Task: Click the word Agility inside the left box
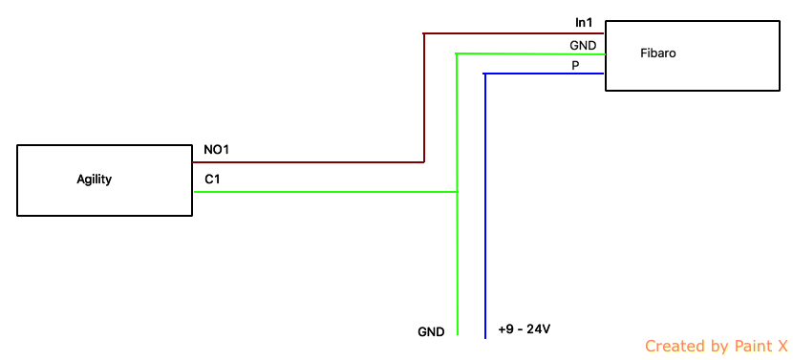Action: [x=94, y=180]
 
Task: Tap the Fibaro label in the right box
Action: [x=658, y=53]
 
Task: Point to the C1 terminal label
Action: [x=212, y=179]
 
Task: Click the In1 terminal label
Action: [x=585, y=22]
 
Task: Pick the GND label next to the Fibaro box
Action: [x=583, y=46]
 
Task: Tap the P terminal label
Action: [x=575, y=66]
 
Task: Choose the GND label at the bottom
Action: [x=431, y=332]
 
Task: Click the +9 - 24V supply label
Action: [x=524, y=329]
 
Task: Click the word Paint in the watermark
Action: [x=749, y=346]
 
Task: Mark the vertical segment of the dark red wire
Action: [x=424, y=97]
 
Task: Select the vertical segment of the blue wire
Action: [x=484, y=206]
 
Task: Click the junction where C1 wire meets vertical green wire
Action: [x=458, y=192]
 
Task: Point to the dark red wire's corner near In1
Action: [x=424, y=33]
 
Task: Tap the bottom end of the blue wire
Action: [x=484, y=339]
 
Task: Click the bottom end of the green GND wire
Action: [x=458, y=335]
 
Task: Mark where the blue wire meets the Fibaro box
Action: [x=605, y=74]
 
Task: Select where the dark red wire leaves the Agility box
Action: [x=193, y=162]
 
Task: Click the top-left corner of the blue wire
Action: [x=484, y=74]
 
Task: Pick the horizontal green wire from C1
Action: [x=326, y=192]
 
